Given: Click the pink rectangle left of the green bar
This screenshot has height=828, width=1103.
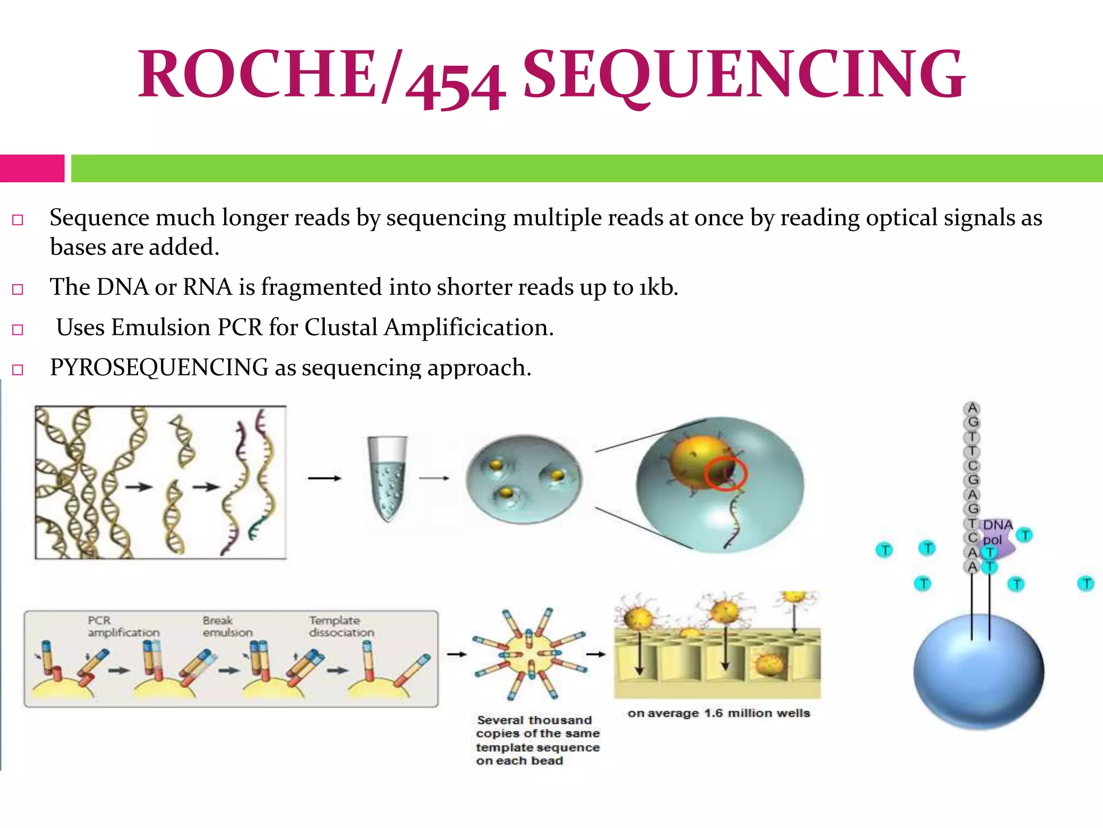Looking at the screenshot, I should (x=32, y=168).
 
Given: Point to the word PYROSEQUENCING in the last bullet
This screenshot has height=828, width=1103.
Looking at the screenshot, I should (x=159, y=368).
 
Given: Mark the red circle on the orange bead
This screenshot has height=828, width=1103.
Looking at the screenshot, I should (x=725, y=473).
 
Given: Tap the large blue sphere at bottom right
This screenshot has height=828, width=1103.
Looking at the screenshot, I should (x=979, y=672).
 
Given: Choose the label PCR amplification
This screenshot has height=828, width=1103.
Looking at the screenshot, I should (x=123, y=626).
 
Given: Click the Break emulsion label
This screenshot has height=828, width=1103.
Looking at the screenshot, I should (x=227, y=626).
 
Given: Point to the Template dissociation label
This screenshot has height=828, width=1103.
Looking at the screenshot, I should (x=341, y=626).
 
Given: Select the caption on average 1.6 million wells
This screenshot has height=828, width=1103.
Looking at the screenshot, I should (x=718, y=713).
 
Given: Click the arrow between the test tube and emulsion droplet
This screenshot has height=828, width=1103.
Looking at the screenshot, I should (x=434, y=478).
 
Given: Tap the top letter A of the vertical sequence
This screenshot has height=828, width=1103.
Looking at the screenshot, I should (x=972, y=408).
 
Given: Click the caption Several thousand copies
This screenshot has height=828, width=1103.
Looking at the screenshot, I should (x=537, y=740).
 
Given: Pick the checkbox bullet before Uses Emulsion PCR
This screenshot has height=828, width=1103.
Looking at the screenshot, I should (x=18, y=329).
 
